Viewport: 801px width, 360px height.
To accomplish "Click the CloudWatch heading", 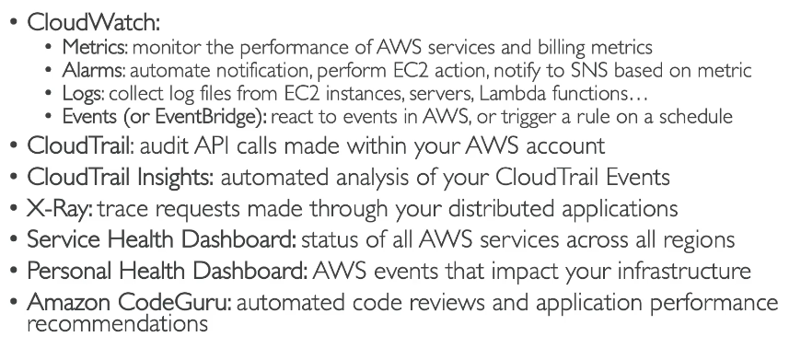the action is (94, 22).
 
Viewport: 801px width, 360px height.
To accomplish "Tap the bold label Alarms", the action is (93, 70).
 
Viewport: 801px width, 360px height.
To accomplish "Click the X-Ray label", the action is (60, 209).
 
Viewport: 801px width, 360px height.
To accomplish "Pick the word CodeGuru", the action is (175, 302).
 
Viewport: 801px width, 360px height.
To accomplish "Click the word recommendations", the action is (118, 324).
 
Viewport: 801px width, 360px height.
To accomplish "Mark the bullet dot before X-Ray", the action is (14, 209).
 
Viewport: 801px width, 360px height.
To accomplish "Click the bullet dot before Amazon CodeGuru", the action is (14, 302).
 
